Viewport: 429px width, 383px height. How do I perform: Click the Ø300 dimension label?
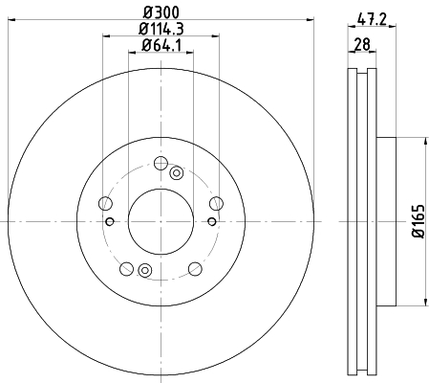(x=161, y=12)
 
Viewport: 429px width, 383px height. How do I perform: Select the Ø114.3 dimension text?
(x=161, y=29)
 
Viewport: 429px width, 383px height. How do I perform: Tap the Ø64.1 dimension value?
(x=161, y=45)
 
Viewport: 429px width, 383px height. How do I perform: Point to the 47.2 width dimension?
(x=372, y=19)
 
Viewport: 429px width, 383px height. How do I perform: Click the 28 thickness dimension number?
(x=362, y=44)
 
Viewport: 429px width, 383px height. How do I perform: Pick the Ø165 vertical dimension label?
(x=418, y=221)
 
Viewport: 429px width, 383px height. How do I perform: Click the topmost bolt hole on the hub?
(x=161, y=163)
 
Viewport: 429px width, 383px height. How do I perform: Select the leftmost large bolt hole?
(x=106, y=203)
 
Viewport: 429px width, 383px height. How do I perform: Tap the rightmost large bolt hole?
(x=216, y=203)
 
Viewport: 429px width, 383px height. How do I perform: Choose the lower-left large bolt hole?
(x=127, y=268)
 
